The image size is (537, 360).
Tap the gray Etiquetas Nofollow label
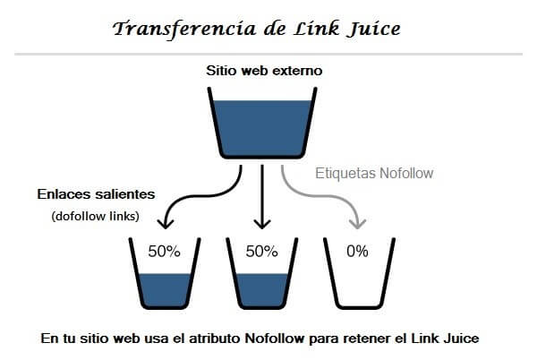(374, 173)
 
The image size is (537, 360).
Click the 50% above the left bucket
(163, 252)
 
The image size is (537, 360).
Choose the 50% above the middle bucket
(261, 252)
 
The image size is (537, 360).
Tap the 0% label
(357, 252)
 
